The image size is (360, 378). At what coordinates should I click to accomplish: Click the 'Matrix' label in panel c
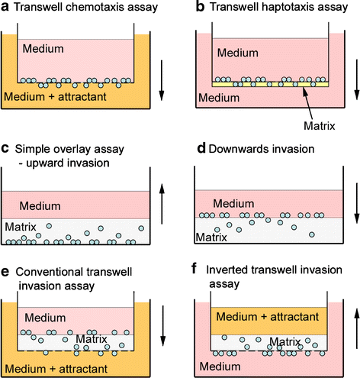click(x=21, y=226)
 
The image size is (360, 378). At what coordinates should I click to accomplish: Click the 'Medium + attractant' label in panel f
click(x=263, y=316)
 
